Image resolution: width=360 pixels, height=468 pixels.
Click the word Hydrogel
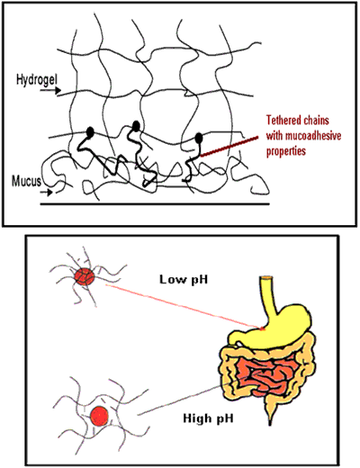[37, 80]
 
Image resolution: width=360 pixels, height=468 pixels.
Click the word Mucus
[26, 181]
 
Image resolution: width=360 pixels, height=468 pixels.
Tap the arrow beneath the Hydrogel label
[50, 90]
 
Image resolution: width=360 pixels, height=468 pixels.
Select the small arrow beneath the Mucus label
[47, 193]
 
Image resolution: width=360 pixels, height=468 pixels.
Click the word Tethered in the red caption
[283, 121]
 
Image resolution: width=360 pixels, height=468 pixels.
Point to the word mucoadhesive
[314, 136]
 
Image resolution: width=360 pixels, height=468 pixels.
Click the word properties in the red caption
[286, 151]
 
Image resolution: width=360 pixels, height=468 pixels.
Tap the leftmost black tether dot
[90, 131]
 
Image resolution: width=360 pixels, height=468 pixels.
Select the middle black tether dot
[136, 126]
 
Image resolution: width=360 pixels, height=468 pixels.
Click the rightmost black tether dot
[199, 138]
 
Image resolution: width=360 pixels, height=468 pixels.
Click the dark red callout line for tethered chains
[229, 147]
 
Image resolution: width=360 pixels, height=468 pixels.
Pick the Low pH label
[184, 280]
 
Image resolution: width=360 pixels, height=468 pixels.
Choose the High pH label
[208, 418]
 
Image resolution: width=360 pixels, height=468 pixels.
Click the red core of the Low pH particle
[85, 276]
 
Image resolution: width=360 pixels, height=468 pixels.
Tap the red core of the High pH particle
[99, 416]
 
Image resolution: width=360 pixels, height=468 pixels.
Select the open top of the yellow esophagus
[266, 278]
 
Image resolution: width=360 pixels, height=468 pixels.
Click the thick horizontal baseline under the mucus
[155, 204]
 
